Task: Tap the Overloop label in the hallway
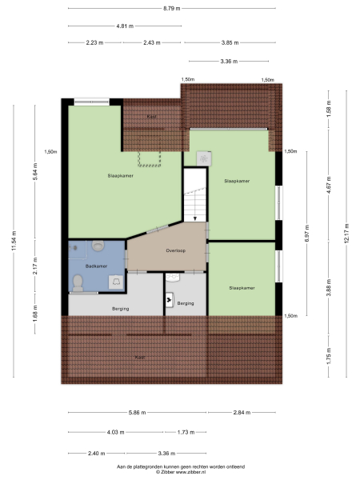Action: [176, 250]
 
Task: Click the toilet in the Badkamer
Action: [78, 281]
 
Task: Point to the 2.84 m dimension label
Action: [242, 413]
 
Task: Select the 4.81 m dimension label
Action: [124, 26]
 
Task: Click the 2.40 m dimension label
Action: [97, 452]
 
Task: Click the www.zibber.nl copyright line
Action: [180, 472]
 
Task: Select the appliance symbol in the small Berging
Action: [170, 301]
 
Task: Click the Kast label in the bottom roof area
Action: [139, 358]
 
